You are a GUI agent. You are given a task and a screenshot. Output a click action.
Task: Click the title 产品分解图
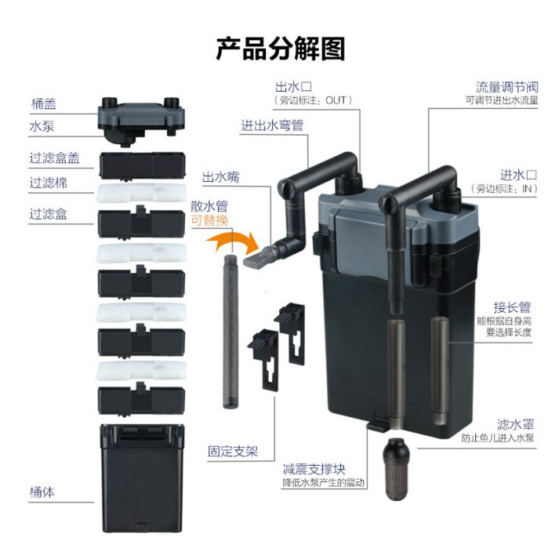280,48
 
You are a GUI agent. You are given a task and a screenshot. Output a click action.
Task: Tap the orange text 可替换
210,220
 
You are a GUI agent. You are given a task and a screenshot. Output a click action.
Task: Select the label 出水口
292,85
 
